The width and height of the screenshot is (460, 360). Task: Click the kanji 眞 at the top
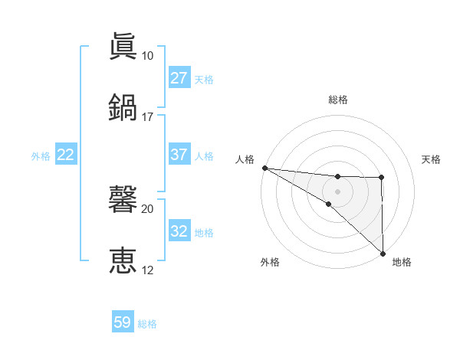(123, 47)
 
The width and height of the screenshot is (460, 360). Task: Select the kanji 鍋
(123, 107)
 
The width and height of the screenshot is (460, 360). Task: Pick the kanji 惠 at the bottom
(123, 260)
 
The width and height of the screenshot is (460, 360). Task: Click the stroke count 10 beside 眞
(147, 56)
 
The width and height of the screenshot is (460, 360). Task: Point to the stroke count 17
(147, 117)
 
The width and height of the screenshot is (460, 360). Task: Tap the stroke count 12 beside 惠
(147, 270)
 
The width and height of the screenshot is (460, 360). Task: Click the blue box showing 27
(179, 78)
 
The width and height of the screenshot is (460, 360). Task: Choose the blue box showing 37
(179, 155)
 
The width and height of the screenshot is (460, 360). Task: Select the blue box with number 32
(179, 231)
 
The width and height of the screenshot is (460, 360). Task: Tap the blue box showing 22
(66, 155)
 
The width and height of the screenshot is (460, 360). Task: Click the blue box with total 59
(123, 322)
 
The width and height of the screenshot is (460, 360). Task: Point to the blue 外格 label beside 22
(41, 155)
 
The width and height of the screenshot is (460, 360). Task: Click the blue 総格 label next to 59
(148, 324)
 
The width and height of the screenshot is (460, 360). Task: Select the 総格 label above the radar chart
(337, 100)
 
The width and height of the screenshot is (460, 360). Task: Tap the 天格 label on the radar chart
(431, 159)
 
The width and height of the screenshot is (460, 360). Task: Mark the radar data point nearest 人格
(264, 168)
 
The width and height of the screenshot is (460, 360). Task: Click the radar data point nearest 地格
(382, 253)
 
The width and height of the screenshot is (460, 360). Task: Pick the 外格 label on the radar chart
(270, 262)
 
